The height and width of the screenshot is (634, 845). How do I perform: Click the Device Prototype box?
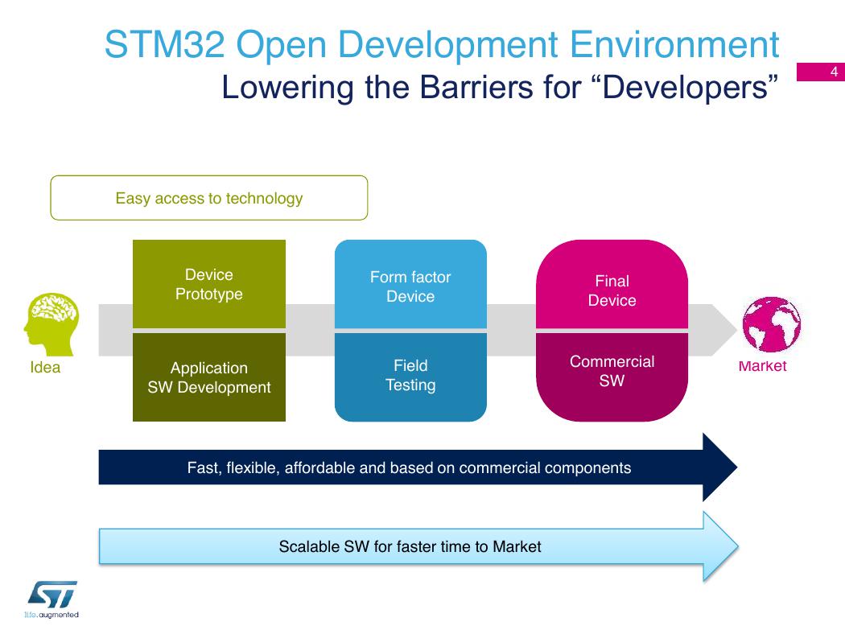[x=209, y=284]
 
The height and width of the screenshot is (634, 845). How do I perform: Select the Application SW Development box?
[x=209, y=377]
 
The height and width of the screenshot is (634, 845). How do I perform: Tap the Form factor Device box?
[x=410, y=284]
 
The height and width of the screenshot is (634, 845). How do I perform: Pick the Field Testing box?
[x=410, y=377]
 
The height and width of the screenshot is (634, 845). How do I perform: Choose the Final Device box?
[x=612, y=284]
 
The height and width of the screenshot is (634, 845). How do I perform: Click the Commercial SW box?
[x=612, y=377]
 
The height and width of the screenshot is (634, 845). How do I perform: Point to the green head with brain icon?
[x=52, y=324]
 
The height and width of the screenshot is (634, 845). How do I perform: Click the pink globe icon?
[x=771, y=324]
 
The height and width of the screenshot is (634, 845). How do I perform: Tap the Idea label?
[x=45, y=368]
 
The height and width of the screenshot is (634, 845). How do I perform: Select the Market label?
[x=763, y=366]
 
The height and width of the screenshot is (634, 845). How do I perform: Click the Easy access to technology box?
[x=209, y=198]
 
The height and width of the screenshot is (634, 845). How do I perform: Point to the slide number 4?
[x=835, y=72]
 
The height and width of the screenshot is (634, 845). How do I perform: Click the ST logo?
[x=53, y=594]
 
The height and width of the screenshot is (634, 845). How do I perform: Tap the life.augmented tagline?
[x=52, y=615]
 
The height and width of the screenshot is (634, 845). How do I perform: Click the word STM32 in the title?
[x=164, y=44]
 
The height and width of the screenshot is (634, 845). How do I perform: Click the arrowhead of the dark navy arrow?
[x=720, y=467]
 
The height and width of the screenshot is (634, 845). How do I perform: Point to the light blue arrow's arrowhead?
[x=721, y=546]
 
